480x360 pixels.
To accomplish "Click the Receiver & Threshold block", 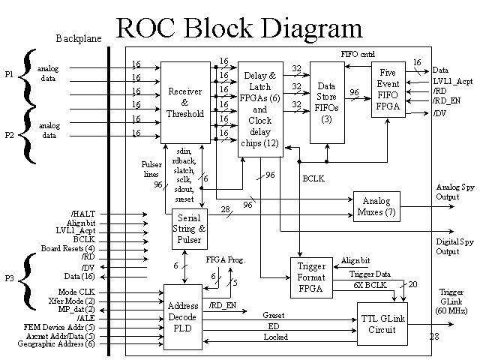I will coord(185,103).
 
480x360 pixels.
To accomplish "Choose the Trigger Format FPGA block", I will coord(310,277).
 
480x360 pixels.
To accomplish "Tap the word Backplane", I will coord(78,38).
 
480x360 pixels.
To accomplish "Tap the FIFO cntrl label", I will coord(357,55).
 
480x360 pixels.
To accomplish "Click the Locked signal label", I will coord(275,337).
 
